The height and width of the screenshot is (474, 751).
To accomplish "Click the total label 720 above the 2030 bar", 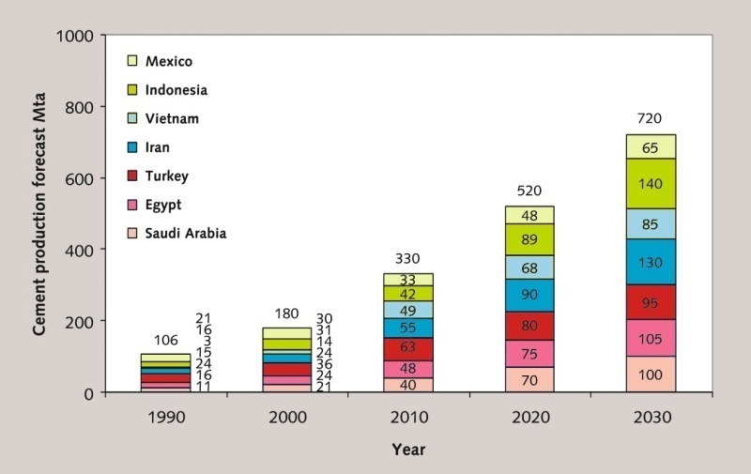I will point(651,120).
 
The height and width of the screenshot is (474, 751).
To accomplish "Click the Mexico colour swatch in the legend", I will point(134,62).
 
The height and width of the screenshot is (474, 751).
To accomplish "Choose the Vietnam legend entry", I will point(173,118).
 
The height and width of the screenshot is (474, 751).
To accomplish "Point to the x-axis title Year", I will point(408,450).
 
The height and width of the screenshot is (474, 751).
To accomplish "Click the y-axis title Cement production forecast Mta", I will point(40,214).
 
